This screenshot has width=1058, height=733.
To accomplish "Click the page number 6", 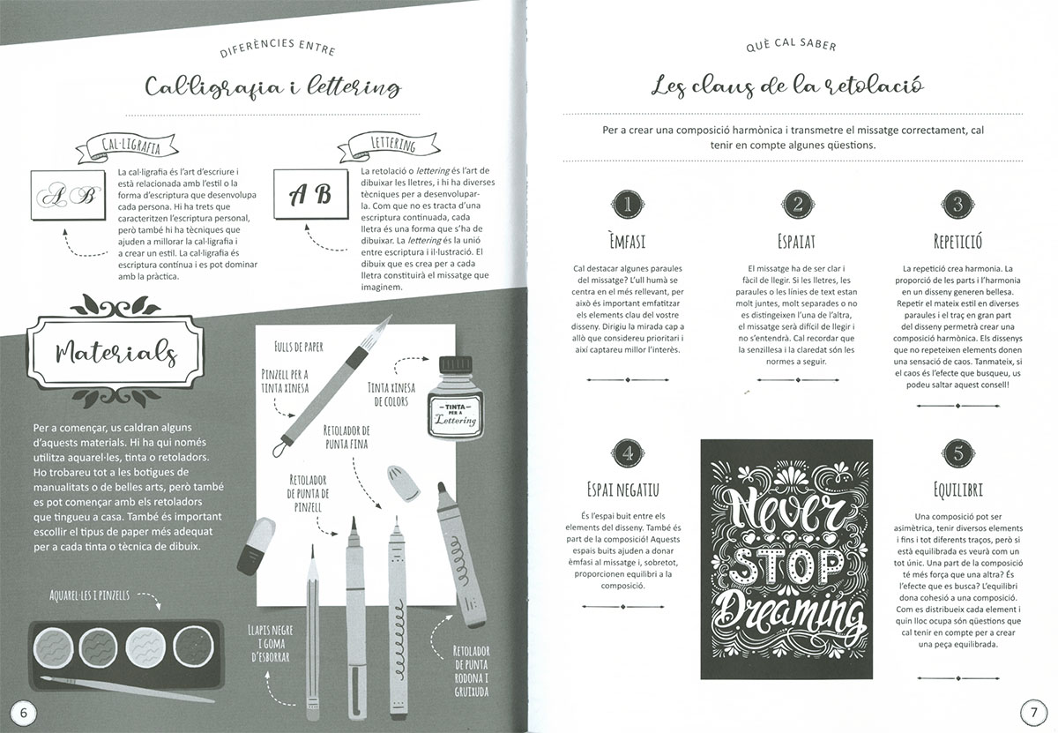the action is coord(23,712).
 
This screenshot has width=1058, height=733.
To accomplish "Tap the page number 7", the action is coord(1033,712).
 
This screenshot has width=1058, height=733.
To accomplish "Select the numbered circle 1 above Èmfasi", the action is coord(627,205).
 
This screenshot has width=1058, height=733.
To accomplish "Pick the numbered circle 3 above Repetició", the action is coord(957,205).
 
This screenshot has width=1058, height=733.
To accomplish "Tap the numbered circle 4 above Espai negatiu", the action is coord(627,453).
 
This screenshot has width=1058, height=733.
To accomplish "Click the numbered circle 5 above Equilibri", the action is coord(957,453).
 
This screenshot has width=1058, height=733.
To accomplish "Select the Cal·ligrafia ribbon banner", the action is coord(127,147).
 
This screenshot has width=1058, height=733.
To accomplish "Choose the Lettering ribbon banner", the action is coord(389,145).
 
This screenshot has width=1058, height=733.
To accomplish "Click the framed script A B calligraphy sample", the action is coord(68,195).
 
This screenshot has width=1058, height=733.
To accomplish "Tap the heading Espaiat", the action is coord(796,242).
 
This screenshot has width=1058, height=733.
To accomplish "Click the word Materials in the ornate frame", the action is coord(116,353).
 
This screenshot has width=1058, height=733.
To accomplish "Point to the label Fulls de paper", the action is coord(299,347).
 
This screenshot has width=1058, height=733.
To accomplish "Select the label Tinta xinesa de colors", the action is coord(391,394).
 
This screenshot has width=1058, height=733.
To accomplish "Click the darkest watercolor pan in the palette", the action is coord(194,647).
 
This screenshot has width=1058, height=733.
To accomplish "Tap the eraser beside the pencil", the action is coord(257,545).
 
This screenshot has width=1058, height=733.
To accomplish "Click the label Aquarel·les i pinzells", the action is coord(89,595).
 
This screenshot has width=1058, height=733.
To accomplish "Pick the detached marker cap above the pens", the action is coord(404,482).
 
